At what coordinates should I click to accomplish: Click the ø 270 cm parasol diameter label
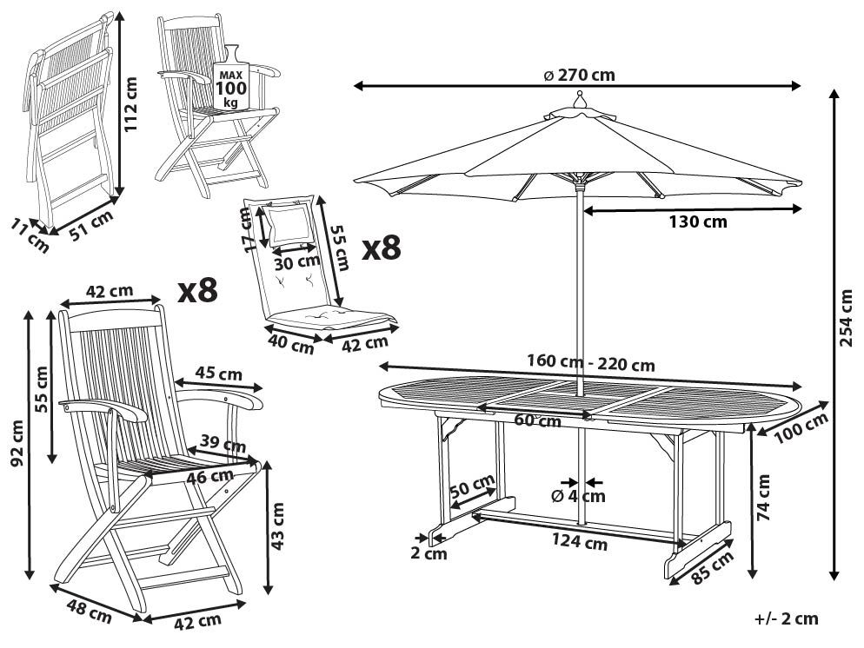click(579, 75)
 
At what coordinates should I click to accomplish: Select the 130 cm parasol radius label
click(698, 222)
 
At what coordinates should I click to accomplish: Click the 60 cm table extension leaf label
click(537, 420)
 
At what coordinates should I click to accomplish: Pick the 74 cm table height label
click(763, 498)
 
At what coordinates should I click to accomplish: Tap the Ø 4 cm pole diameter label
click(578, 496)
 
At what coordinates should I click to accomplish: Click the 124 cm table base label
click(580, 542)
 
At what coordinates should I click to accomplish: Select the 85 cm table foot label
click(713, 567)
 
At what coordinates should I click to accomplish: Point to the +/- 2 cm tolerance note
click(787, 618)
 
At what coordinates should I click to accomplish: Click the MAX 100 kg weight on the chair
click(231, 88)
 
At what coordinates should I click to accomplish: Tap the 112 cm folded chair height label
click(130, 104)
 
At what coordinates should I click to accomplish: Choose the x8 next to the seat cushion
click(382, 248)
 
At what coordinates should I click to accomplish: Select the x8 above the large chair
click(198, 289)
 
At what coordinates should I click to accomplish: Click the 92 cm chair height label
click(17, 443)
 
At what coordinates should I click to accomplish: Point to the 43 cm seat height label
click(278, 526)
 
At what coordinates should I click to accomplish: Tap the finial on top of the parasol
click(579, 100)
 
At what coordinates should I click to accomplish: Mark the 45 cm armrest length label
click(219, 374)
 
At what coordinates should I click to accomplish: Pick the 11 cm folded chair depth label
click(30, 236)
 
